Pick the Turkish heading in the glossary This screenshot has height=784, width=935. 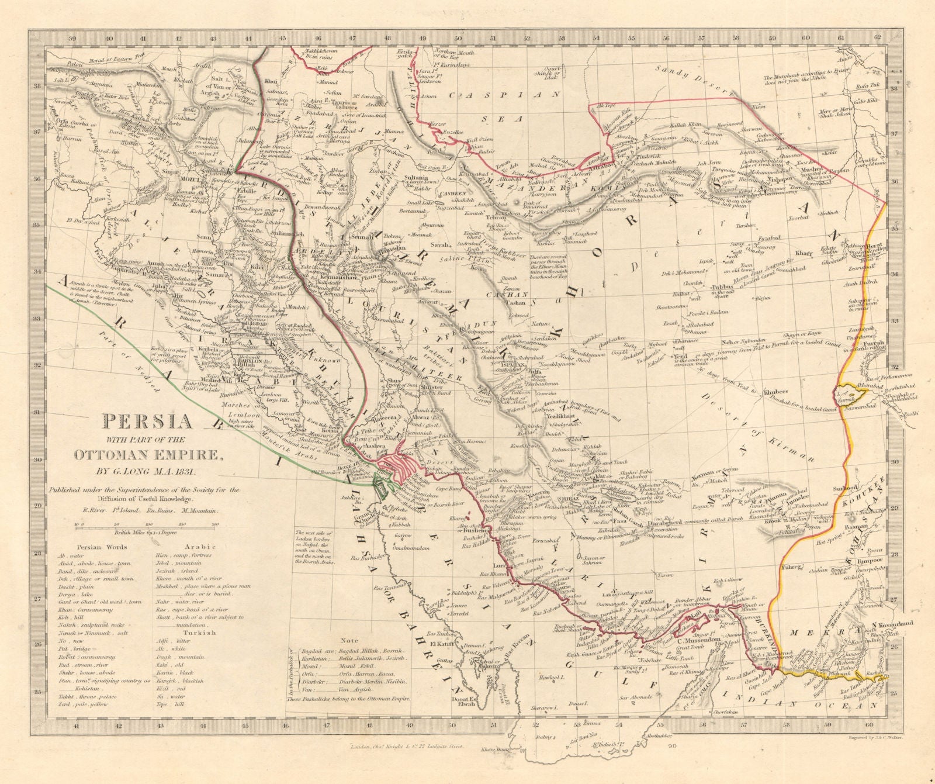coord(200,632)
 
